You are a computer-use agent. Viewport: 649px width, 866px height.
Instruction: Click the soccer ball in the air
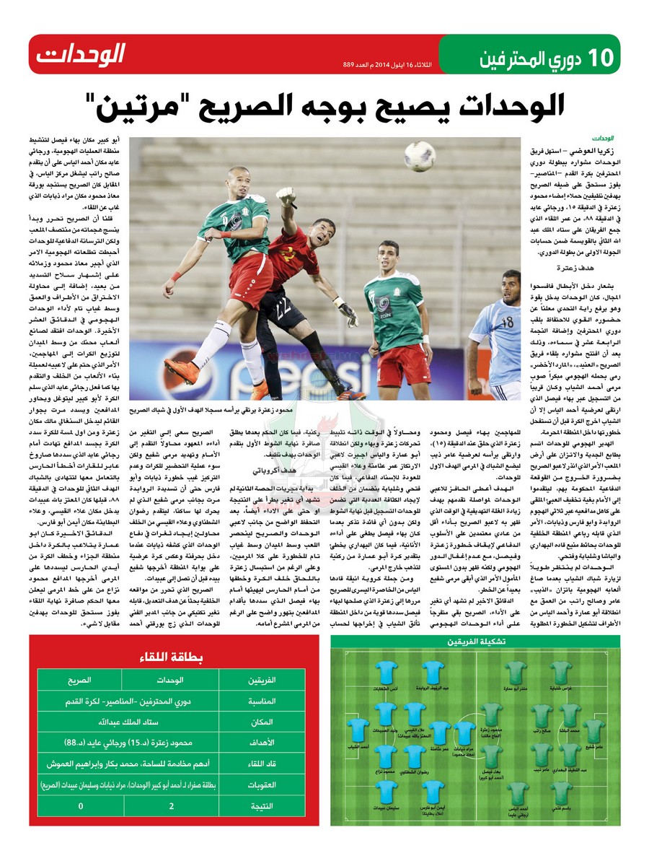(x=418, y=156)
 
